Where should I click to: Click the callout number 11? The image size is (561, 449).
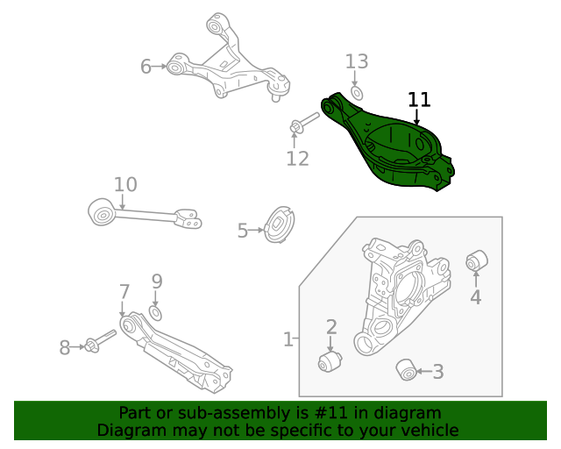tap(419, 99)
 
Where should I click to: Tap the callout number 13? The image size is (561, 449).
tap(357, 61)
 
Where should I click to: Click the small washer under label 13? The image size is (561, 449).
tap(357, 92)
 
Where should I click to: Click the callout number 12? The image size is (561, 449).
tap(298, 159)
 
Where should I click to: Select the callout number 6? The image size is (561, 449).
tap(146, 66)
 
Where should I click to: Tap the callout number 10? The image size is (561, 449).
tap(125, 184)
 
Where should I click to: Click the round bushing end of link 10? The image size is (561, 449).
tap(103, 211)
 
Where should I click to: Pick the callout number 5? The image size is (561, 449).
tap(243, 231)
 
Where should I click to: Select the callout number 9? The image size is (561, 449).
tap(157, 282)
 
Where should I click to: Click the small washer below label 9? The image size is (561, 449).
tap(156, 312)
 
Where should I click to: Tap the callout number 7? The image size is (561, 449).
tap(124, 291)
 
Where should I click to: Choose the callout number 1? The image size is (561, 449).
tap(288, 339)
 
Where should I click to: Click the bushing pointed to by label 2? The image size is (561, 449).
tap(330, 361)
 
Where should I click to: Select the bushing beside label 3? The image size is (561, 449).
tap(406, 370)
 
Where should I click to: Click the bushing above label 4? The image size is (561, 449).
tap(476, 260)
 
